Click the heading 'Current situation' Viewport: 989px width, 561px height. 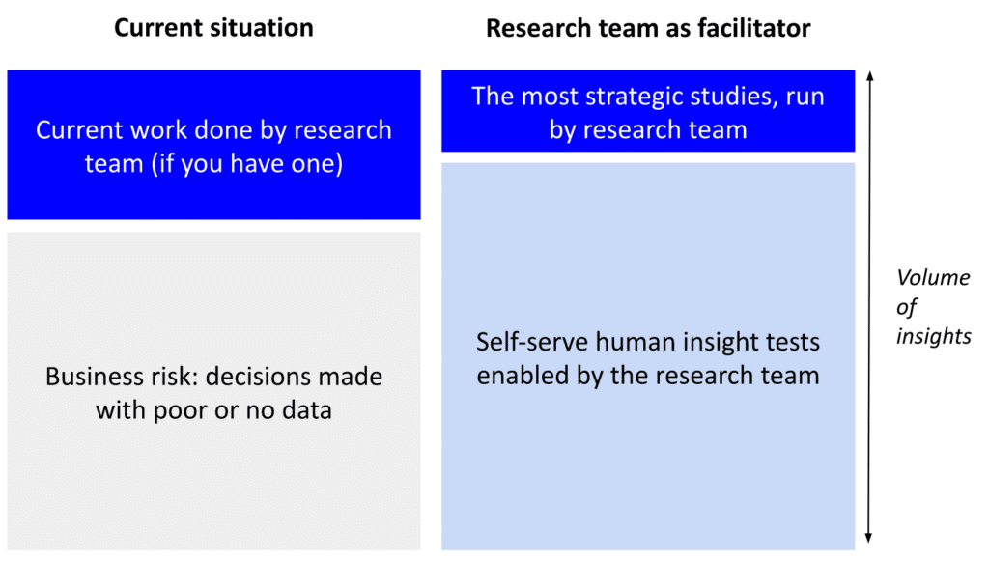click(x=213, y=28)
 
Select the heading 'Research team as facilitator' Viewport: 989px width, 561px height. click(x=647, y=28)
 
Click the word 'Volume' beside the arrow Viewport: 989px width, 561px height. click(x=932, y=278)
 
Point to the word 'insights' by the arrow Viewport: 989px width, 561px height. click(x=933, y=336)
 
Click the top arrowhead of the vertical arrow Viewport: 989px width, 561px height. click(x=869, y=74)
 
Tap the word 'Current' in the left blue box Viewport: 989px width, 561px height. click(x=81, y=130)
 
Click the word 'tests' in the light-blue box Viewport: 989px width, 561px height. click(x=789, y=343)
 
